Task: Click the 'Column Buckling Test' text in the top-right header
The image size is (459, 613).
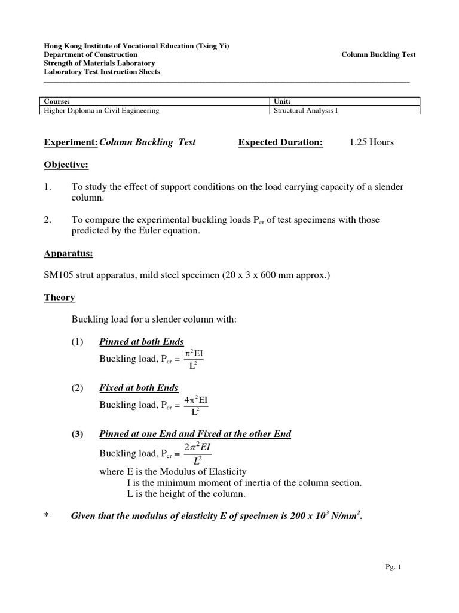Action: point(378,54)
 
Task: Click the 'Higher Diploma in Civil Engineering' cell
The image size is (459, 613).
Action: point(100,110)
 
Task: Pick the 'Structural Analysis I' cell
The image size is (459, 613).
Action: point(305,110)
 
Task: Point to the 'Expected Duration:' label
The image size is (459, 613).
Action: point(280,142)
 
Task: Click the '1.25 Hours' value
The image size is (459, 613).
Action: point(372,142)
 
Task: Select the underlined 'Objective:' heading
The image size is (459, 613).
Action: point(66,165)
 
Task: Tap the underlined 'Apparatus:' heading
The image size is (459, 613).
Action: point(68,253)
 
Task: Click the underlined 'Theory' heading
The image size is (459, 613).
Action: point(59,298)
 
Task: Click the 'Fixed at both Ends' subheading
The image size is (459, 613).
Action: point(139,388)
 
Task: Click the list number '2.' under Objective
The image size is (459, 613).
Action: point(48,220)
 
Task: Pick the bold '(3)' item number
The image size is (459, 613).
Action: point(76,434)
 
